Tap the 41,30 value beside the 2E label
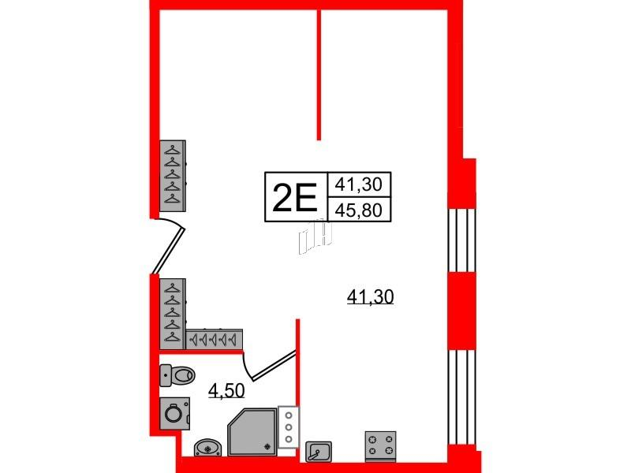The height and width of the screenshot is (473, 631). click(359, 185)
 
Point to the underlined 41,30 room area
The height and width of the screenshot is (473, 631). click(370, 297)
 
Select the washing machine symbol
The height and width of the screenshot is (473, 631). click(173, 412)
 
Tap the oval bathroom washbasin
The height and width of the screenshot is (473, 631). click(207, 448)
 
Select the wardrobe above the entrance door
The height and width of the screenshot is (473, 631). click(172, 177)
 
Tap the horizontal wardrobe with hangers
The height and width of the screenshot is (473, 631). click(214, 339)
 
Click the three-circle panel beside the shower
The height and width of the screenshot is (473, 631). click(289, 427)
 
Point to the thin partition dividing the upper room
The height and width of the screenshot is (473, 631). click(319, 75)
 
